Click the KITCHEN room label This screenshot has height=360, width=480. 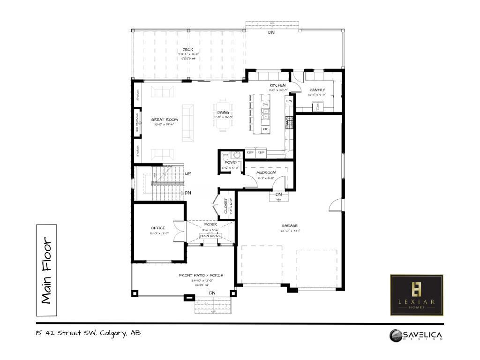point(277,85)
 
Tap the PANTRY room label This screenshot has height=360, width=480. point(317,90)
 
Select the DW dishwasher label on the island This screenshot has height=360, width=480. point(265,104)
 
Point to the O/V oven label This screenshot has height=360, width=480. point(289,101)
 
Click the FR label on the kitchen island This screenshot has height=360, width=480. point(265,129)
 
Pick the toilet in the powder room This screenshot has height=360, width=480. point(225,155)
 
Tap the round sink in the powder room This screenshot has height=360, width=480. point(237,155)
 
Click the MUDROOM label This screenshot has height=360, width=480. point(266,172)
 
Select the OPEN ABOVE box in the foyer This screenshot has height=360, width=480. point(210,236)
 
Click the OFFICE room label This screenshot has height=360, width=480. point(157,228)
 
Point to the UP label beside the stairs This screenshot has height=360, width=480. point(187,173)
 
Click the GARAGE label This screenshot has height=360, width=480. point(289,225)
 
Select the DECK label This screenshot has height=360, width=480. point(187,50)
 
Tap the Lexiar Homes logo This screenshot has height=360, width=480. point(416,295)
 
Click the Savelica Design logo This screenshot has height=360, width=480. point(416,335)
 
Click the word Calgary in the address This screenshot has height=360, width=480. point(112,333)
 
